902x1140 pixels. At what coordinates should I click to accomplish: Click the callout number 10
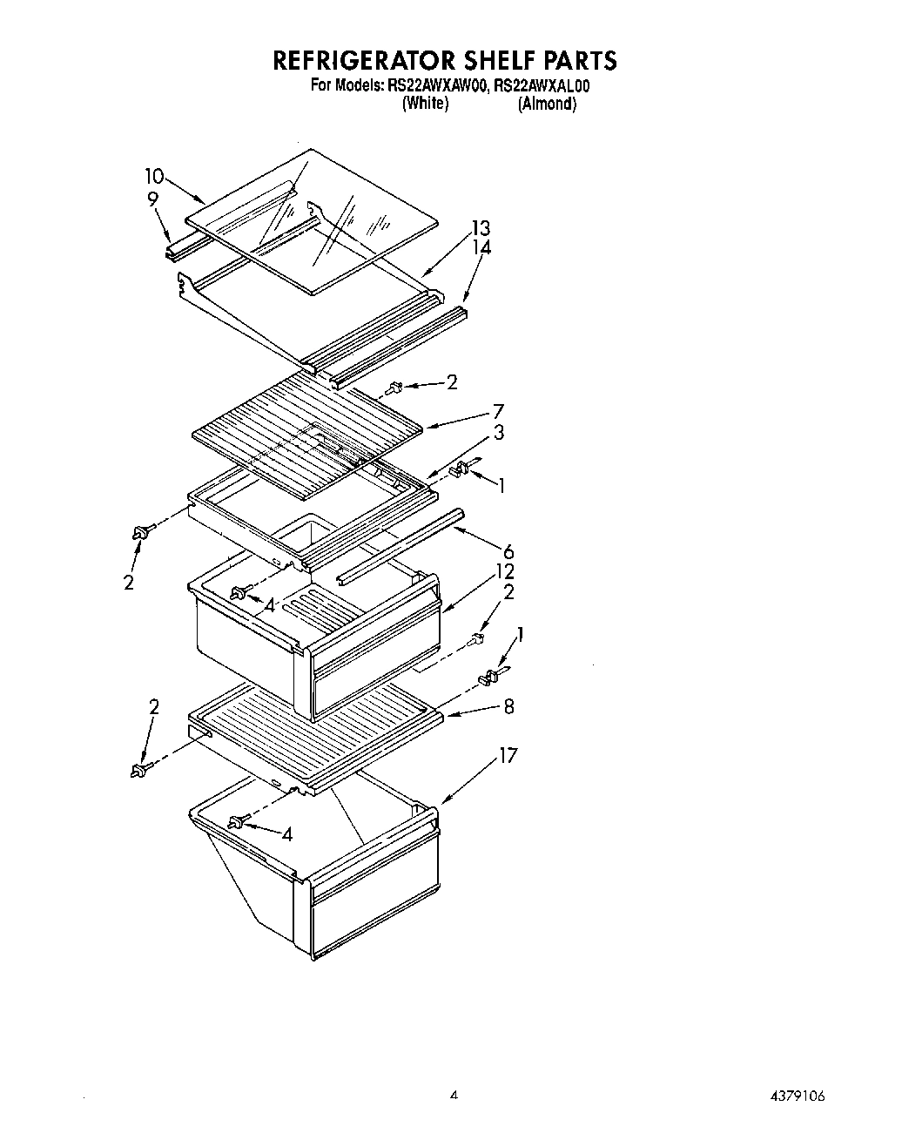pos(154,176)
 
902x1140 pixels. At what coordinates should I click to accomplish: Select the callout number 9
pos(152,199)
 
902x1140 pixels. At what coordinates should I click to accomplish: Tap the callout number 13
pos(481,228)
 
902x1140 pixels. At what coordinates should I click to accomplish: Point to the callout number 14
pos(481,248)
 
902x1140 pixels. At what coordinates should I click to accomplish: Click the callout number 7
pos(498,411)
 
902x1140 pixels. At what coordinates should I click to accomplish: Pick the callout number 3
pos(498,433)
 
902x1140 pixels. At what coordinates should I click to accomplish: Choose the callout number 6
pos(508,551)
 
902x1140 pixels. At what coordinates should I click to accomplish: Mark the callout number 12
pos(505,572)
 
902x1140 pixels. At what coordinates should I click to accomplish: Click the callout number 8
pos(508,706)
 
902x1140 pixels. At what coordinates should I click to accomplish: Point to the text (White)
pos(425,104)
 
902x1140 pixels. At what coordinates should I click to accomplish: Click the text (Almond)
pos(547,104)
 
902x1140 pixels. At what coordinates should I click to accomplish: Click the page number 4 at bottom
pos(453,1095)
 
